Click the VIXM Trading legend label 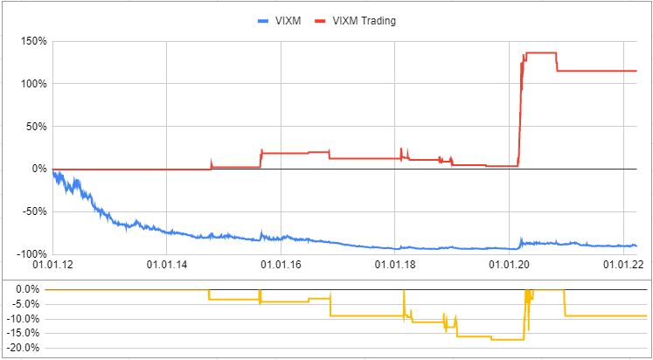pyautogui.click(x=364, y=21)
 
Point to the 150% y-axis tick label pyautogui.click(x=32, y=41)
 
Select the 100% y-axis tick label pyautogui.click(x=32, y=84)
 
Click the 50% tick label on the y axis pyautogui.click(x=35, y=127)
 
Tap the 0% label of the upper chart pyautogui.click(x=38, y=169)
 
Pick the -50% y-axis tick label pyautogui.click(x=33, y=211)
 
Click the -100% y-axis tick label pyautogui.click(x=31, y=253)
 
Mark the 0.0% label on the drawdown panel pyautogui.click(x=29, y=289)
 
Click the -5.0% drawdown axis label pyautogui.click(x=27, y=304)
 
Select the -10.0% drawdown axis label pyautogui.click(x=24, y=319)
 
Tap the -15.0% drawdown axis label pyautogui.click(x=24, y=334)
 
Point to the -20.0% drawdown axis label pyautogui.click(x=24, y=349)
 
